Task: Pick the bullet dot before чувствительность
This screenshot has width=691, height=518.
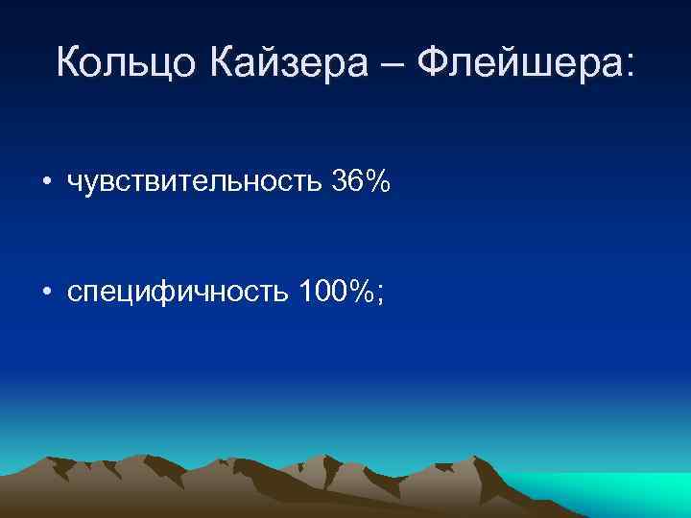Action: tap(47, 182)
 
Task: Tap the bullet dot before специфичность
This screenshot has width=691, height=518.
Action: tap(47, 289)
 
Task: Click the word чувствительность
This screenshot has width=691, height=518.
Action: tap(193, 181)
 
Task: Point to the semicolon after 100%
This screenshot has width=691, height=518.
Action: tap(381, 292)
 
